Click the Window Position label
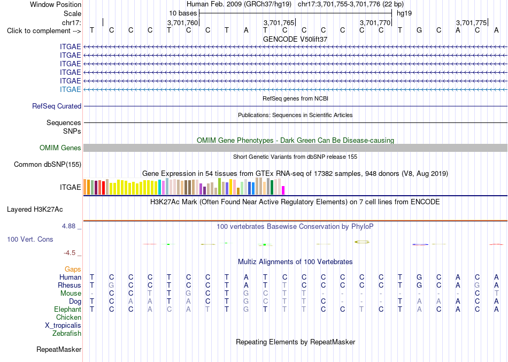pyautogui.click(x=56, y=4)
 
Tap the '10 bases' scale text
pyautogui.click(x=183, y=13)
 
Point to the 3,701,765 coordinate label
pyautogui.click(x=279, y=22)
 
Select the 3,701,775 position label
pyautogui.click(x=472, y=22)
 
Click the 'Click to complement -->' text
pyautogui.click(x=44, y=31)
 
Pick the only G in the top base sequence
pyautogui.click(x=419, y=30)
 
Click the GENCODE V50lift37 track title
pyautogui.click(x=295, y=39)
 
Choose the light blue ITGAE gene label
pyautogui.click(x=70, y=89)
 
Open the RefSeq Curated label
pyautogui.click(x=57, y=106)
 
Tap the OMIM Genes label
pyautogui.click(x=60, y=148)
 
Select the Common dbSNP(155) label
pyautogui.click(x=48, y=164)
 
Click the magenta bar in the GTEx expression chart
pyautogui.click(x=283, y=190)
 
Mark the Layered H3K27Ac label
pyautogui.click(x=35, y=210)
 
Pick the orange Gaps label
pyautogui.click(x=73, y=269)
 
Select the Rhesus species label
pyautogui.click(x=70, y=285)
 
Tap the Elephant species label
pyautogui.click(x=68, y=309)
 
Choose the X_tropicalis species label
pyautogui.click(x=63, y=326)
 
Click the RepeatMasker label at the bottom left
pyautogui.click(x=59, y=349)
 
